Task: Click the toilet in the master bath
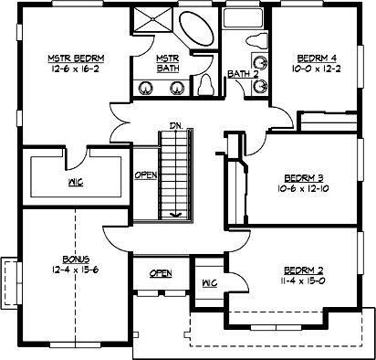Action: [206, 84]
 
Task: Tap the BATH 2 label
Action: [239, 73]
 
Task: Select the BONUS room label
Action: [65, 259]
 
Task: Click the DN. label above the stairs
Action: [174, 126]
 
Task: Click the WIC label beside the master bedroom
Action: [76, 183]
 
